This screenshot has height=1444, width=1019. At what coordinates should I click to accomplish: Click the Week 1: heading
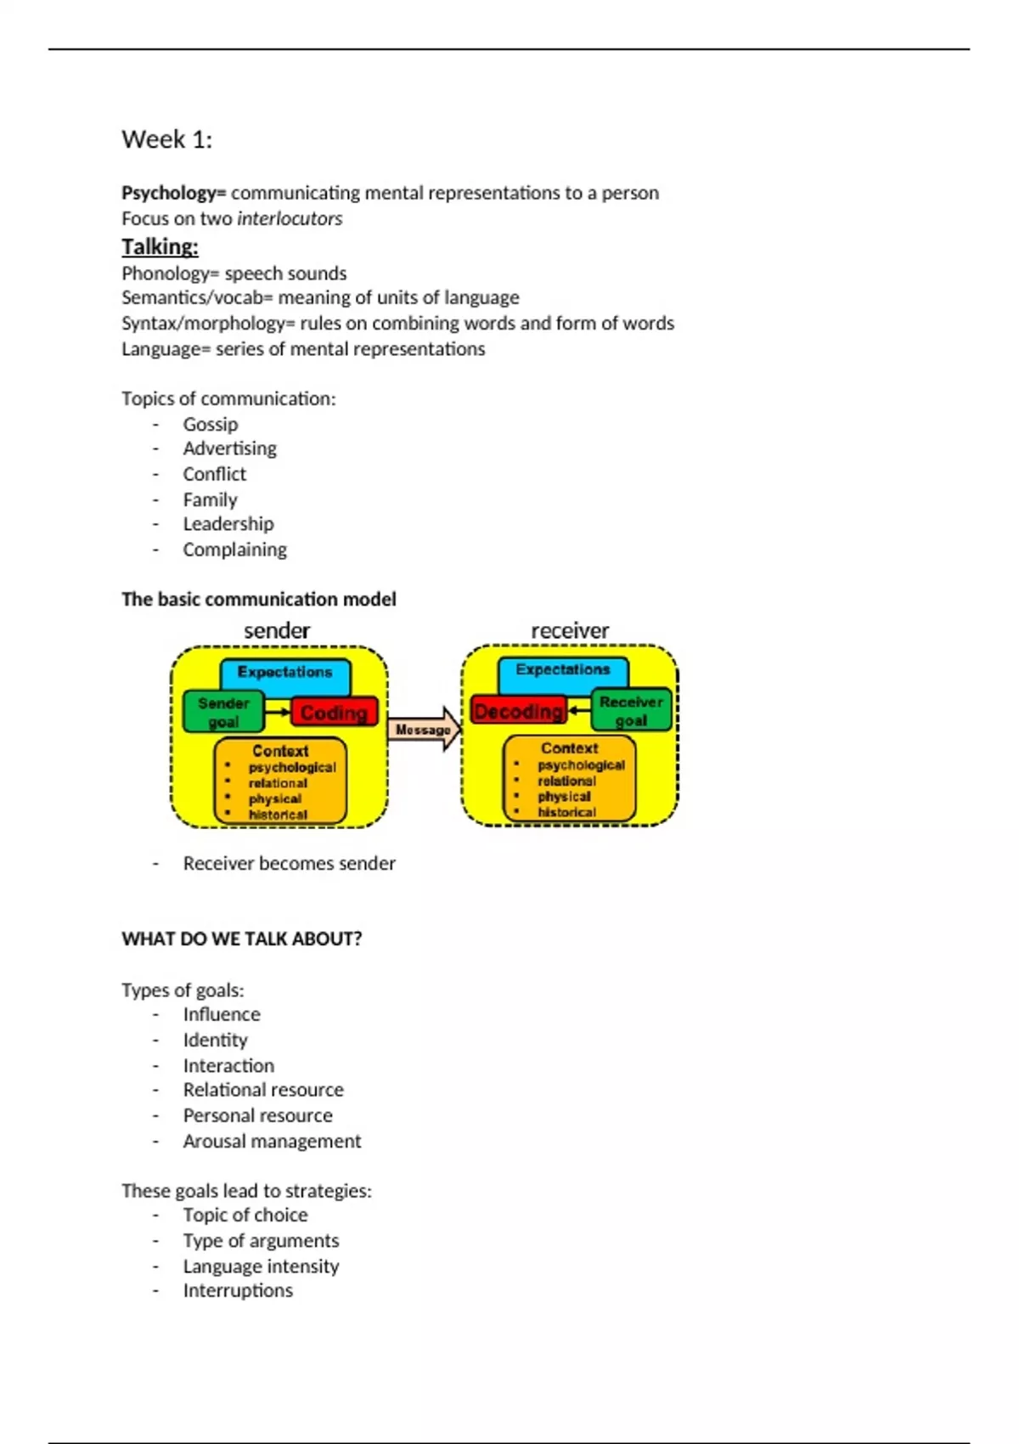166,139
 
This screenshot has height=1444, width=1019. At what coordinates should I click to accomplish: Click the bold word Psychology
168,193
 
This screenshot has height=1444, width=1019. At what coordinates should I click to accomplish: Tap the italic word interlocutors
290,218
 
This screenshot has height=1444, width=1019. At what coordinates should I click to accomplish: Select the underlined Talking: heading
160,247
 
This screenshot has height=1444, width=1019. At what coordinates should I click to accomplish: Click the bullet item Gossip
211,424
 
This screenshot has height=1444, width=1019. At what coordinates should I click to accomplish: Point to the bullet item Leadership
228,524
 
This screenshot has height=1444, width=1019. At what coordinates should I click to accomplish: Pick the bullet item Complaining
235,550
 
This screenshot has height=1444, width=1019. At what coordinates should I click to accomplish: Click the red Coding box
334,713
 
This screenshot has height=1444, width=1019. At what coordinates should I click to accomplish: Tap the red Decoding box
518,711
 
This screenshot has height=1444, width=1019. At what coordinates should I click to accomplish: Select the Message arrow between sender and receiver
424,730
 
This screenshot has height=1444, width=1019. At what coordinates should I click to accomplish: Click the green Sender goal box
224,712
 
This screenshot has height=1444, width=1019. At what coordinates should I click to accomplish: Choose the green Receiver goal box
631,710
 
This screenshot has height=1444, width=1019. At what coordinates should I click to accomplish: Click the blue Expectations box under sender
285,673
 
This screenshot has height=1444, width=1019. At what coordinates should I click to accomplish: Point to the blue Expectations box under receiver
563,670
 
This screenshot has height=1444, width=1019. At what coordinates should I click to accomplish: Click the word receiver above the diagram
570,631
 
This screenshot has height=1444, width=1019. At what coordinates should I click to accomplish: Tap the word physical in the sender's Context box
275,799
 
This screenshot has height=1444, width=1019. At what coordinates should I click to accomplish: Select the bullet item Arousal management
272,1141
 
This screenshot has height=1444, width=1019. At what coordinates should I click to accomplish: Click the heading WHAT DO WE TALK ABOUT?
241,939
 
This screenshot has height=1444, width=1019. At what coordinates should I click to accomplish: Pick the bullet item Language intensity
261,1266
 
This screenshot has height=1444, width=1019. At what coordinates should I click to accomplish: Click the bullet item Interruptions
238,1290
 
